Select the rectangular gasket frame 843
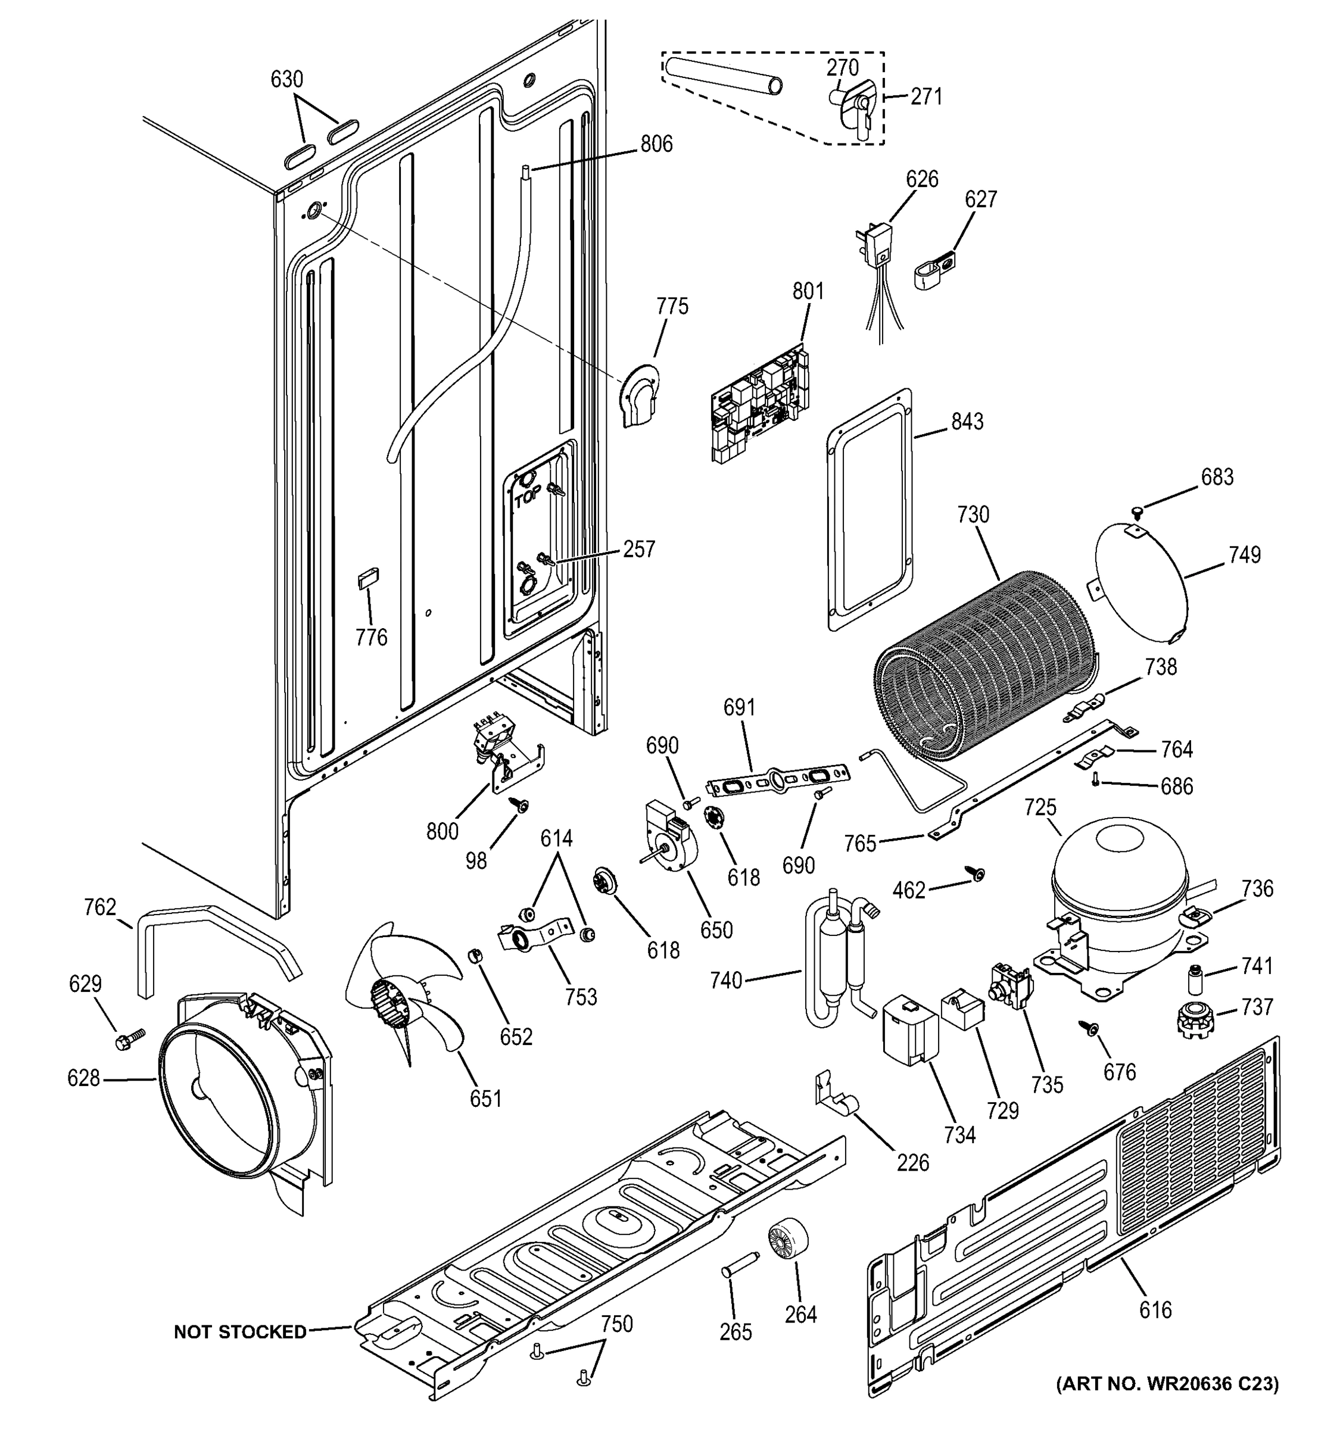870,510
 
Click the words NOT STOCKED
240,1332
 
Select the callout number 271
926,96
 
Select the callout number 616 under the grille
1155,1310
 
